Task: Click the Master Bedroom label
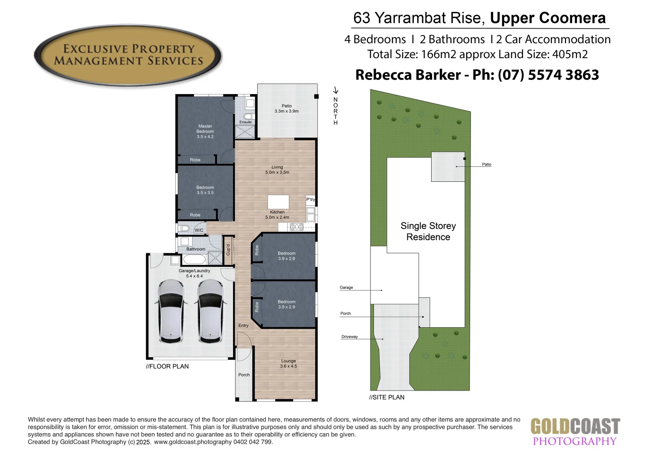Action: tap(205, 131)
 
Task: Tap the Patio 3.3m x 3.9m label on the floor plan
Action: tap(286, 109)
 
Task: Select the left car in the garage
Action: tap(171, 311)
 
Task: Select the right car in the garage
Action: tap(210, 311)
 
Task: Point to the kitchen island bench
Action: tap(278, 201)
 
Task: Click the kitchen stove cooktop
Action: tap(297, 227)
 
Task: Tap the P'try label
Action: tap(311, 199)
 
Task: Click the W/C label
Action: tap(199, 230)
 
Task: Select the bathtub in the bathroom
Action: tap(194, 259)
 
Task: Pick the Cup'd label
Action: tap(228, 250)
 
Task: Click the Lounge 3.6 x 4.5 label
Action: tap(288, 364)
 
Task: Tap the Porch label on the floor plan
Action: tap(244, 375)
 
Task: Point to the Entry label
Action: tap(244, 326)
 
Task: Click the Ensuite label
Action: tap(245, 122)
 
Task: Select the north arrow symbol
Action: tap(336, 90)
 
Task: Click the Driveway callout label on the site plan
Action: tap(350, 337)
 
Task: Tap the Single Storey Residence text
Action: tap(428, 231)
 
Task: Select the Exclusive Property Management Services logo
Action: tap(128, 55)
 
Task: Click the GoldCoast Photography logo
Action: tap(575, 432)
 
